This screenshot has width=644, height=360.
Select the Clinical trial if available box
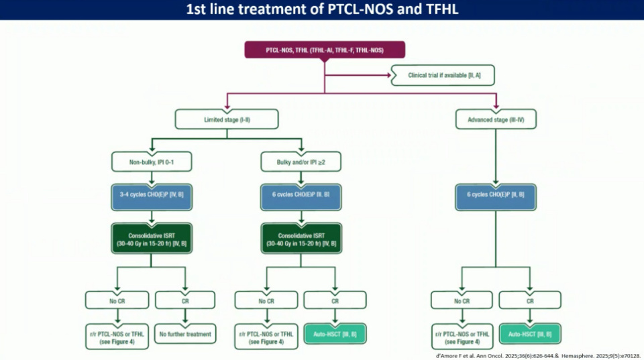tap(443, 76)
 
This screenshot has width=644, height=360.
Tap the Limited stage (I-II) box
tap(227, 119)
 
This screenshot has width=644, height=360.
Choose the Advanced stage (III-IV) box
tap(496, 119)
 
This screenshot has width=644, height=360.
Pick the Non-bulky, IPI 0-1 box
tap(152, 161)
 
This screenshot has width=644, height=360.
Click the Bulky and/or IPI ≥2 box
tap(301, 161)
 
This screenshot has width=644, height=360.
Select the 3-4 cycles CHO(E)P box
tap(152, 194)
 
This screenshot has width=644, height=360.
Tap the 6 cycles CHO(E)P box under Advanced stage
tap(496, 194)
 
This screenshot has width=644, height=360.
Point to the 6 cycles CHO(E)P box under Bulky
tap(301, 194)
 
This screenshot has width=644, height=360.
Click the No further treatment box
tap(186, 333)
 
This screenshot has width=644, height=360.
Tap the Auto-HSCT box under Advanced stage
tap(530, 333)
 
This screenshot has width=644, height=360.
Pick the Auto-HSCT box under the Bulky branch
tap(335, 333)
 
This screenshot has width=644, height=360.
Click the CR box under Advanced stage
tap(530, 300)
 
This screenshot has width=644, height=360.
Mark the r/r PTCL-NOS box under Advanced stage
tap(463, 337)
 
